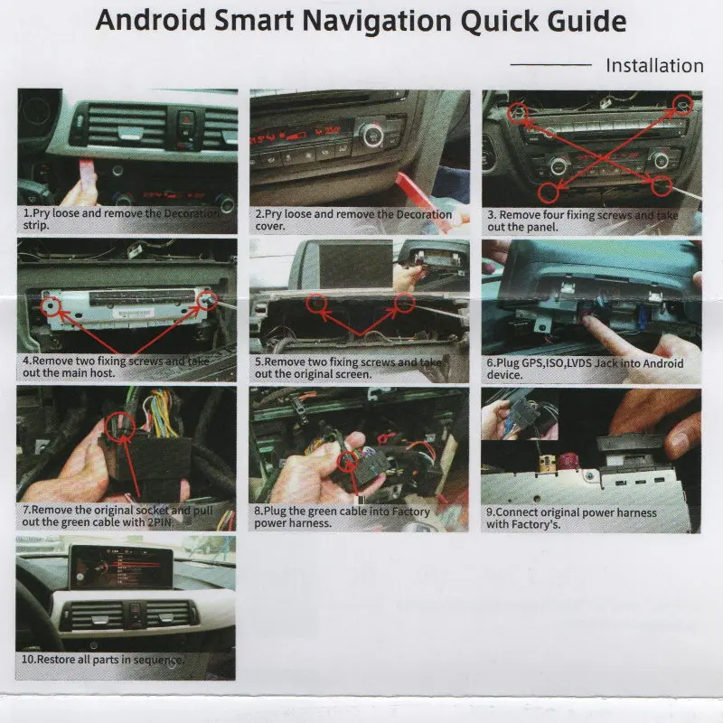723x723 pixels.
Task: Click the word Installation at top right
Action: tap(653, 65)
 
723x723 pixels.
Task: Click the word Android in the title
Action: tap(150, 22)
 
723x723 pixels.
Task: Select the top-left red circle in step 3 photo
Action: tap(517, 111)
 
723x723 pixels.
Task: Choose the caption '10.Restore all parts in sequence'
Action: tap(103, 660)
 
